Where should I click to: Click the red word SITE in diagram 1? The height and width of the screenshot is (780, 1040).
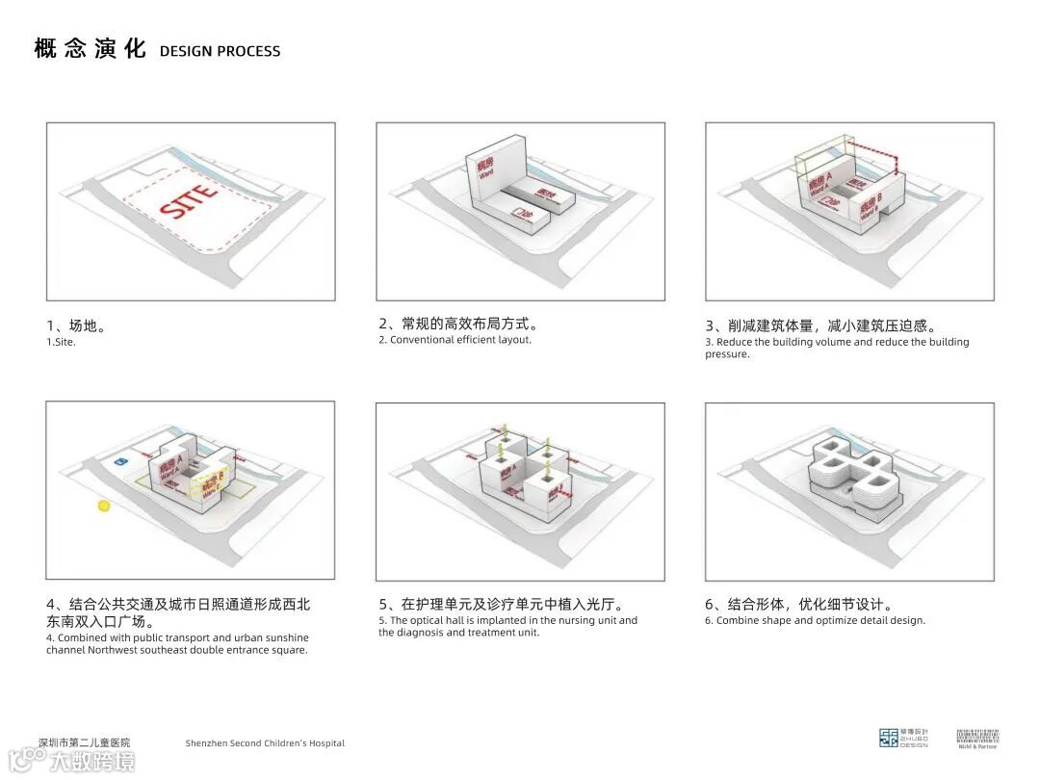[189, 197]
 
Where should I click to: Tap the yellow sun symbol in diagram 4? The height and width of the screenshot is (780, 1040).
[104, 505]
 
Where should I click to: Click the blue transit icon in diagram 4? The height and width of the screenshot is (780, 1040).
[119, 463]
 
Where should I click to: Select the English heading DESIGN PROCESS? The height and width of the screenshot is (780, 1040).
[220, 51]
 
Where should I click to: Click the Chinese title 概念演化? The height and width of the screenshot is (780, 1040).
[90, 49]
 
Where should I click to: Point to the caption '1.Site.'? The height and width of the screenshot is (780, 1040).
[61, 343]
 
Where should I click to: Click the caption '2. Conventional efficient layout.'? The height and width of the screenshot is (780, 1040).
[455, 340]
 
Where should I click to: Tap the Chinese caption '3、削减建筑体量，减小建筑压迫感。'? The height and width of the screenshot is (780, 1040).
[820, 325]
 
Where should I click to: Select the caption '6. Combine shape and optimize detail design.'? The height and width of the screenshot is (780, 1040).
[815, 621]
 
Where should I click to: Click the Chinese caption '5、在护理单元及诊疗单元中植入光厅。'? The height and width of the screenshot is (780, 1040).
[501, 605]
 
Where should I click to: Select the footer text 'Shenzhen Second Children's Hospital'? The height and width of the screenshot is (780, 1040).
[265, 743]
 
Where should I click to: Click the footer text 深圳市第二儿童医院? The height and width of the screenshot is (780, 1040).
[84, 742]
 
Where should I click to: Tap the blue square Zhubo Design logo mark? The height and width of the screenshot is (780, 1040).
[889, 739]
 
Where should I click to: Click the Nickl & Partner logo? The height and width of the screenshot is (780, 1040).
[977, 738]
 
